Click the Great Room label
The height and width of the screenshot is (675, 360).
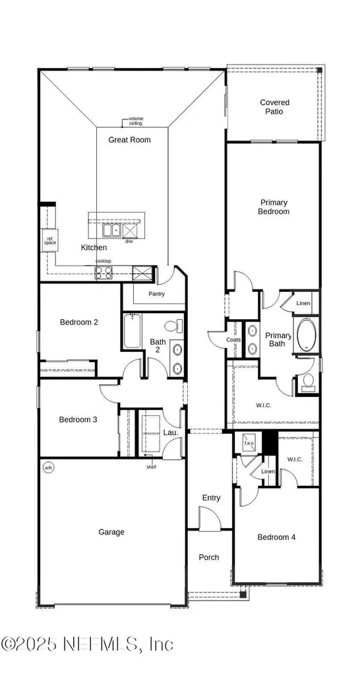129,140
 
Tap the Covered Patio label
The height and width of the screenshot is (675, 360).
274,107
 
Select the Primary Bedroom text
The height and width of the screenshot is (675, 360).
274,207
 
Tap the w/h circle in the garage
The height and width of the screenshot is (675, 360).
47,468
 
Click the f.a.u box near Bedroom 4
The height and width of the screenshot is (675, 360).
249,443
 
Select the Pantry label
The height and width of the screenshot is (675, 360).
156,294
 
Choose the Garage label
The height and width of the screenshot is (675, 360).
111,532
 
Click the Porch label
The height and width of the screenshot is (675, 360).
209,558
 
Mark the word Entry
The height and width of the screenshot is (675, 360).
212,498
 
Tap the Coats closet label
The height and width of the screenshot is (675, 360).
233,340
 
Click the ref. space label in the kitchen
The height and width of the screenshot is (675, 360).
50,241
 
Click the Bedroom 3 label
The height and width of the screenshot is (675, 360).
78,420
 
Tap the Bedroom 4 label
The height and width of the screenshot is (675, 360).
276,537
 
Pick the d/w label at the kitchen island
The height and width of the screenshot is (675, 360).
129,241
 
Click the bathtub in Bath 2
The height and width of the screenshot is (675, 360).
132,332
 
